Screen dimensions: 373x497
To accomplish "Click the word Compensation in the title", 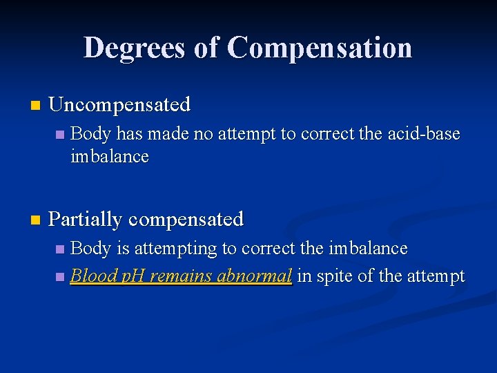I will pyautogui.click(x=320, y=48).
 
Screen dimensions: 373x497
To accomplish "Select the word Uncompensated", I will pyautogui.click(x=119, y=105).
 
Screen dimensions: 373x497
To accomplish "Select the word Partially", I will pyautogui.click(x=86, y=219).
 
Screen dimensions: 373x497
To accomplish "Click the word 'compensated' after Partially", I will pyautogui.click(x=186, y=219).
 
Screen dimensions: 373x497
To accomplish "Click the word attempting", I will pyautogui.click(x=170, y=248).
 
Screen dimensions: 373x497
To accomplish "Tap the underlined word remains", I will pyautogui.click(x=181, y=276).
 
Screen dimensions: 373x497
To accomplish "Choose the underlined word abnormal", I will pyautogui.click(x=254, y=276).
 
